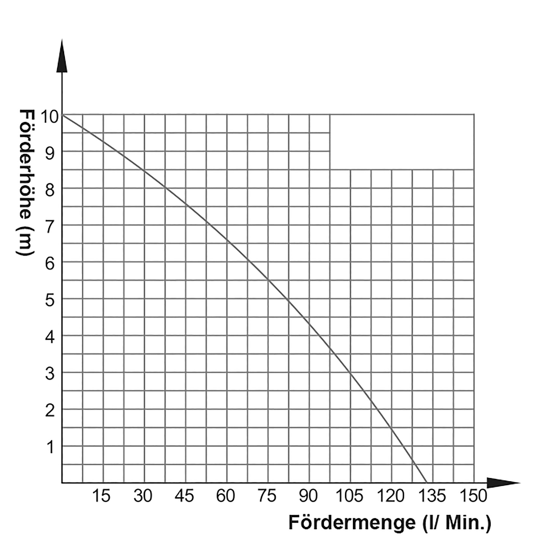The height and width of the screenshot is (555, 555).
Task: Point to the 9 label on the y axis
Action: [50, 154]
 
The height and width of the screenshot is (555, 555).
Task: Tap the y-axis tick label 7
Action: [50, 227]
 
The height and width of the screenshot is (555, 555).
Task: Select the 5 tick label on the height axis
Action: [50, 301]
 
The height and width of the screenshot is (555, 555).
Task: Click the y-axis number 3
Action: [50, 374]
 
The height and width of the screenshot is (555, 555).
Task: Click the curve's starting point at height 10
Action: [62, 115]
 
